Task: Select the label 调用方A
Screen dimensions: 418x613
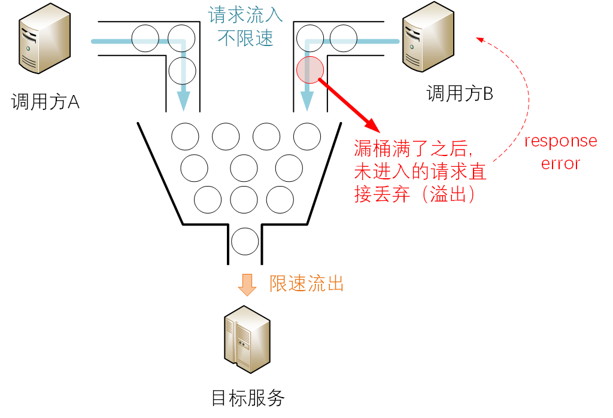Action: (45, 102)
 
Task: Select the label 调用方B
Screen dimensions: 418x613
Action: (460, 93)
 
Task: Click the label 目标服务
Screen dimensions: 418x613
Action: (248, 398)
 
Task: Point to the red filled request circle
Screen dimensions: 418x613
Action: (310, 69)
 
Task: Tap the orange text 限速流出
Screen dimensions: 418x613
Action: (306, 283)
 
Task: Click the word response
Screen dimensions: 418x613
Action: (560, 141)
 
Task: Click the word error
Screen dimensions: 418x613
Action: (560, 163)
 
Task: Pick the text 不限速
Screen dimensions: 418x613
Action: (245, 38)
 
